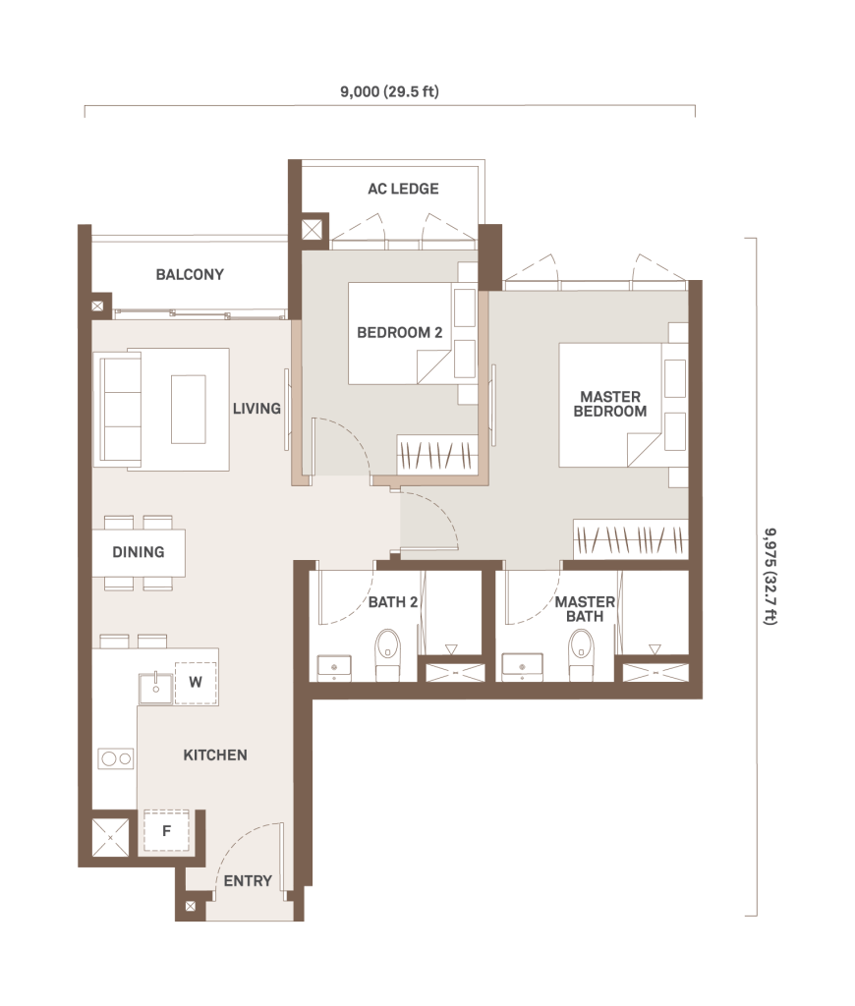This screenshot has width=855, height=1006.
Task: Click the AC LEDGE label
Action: click(403, 189)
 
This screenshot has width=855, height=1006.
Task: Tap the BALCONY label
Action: click(190, 275)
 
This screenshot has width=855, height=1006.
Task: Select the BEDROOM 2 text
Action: click(399, 332)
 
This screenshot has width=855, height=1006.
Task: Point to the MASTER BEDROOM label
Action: click(609, 404)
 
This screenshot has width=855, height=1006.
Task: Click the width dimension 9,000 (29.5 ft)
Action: click(389, 91)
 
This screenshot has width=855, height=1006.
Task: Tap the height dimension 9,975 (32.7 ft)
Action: click(770, 576)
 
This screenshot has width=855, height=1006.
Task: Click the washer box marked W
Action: click(196, 683)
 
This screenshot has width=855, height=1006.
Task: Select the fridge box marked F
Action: click(166, 831)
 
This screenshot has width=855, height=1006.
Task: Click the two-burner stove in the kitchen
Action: click(116, 759)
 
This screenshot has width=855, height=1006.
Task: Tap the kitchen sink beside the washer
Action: click(155, 688)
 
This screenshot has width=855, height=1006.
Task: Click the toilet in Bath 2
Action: click(387, 654)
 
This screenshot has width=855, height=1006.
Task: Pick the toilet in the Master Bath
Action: click(581, 654)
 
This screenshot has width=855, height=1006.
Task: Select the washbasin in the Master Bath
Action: click(522, 667)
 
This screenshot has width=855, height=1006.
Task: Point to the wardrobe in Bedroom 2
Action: click(437, 456)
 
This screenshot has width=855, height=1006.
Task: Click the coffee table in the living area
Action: click(188, 410)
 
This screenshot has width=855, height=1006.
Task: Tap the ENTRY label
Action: click(248, 881)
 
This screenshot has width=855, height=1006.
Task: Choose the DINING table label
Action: click(138, 552)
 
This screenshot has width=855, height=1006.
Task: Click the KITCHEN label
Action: click(215, 755)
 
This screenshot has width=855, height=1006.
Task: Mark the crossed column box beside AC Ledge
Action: click(312, 229)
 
